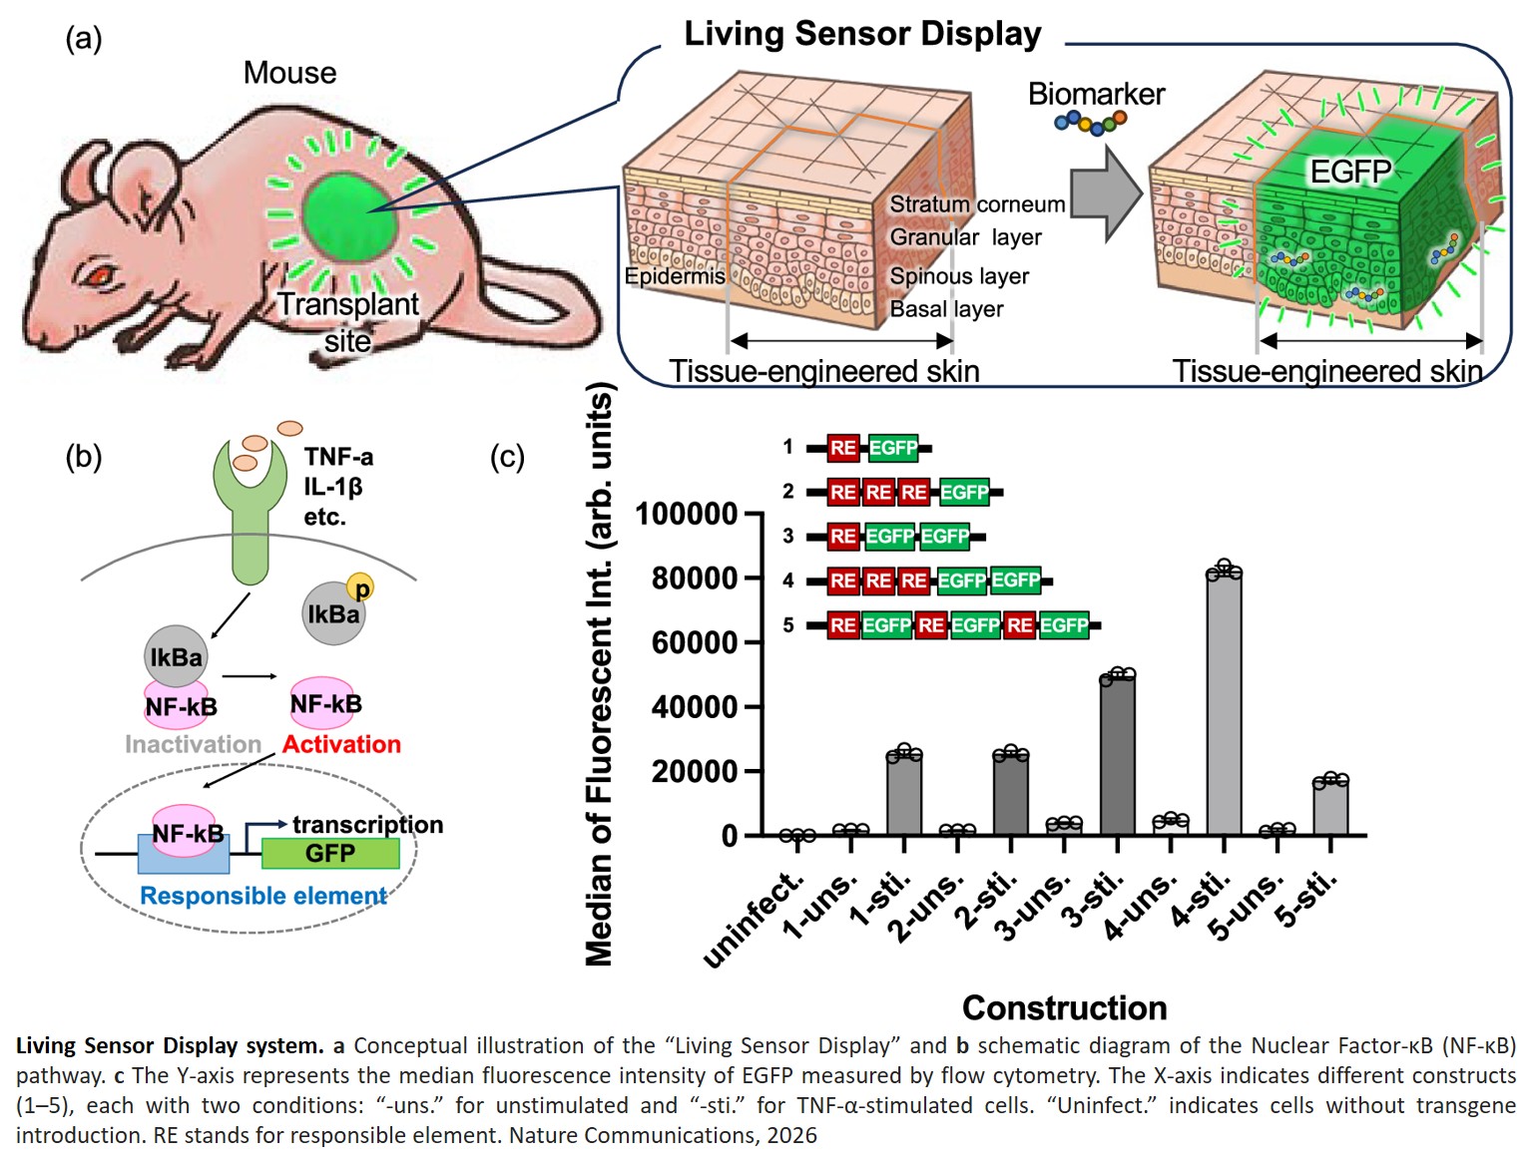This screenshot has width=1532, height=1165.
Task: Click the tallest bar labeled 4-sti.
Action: point(1224,703)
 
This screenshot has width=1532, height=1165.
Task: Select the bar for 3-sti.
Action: point(1117,755)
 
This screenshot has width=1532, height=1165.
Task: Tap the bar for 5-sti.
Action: point(1330,807)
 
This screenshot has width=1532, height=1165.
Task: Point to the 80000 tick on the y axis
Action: point(695,579)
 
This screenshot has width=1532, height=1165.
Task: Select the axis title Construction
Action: point(1064,1007)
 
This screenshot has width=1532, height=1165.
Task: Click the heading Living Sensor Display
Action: point(862,34)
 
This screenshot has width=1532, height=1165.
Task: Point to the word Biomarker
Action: point(1096,94)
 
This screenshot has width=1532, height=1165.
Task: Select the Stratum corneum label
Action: point(977,204)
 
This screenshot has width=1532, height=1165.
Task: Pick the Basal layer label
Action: point(946,309)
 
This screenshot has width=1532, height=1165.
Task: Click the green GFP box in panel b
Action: point(330,854)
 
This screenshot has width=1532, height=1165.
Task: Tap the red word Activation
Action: point(341,744)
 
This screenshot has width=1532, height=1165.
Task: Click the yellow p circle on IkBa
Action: point(360,588)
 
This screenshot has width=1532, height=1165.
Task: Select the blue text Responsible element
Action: point(263,896)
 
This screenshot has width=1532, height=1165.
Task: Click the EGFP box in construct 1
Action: point(892,448)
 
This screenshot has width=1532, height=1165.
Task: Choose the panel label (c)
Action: point(507,457)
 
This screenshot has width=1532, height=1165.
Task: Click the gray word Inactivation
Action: point(193,744)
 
